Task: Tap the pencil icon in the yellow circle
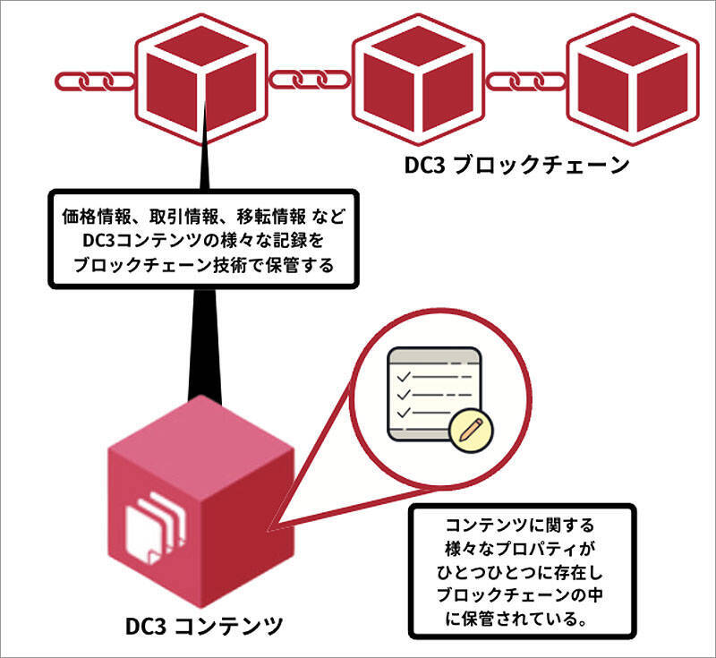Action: pos(469,431)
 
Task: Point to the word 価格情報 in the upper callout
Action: pos(87,218)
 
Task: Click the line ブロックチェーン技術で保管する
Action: pos(200,266)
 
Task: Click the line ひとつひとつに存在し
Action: pos(519,570)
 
